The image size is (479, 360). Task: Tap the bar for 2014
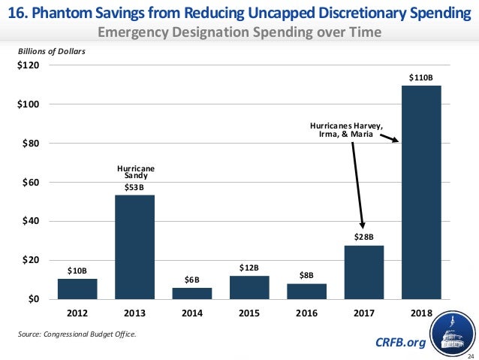tap(191, 293)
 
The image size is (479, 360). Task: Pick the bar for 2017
tap(363, 272)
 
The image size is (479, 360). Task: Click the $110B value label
tap(421, 77)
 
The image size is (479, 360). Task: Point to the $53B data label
tap(134, 187)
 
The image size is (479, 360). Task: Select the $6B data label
tap(191, 280)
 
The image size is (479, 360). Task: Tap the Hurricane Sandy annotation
tap(134, 172)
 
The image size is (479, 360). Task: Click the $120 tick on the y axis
tap(29, 65)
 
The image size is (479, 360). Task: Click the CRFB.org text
tap(399, 343)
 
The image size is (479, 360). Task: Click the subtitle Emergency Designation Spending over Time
tap(239, 32)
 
